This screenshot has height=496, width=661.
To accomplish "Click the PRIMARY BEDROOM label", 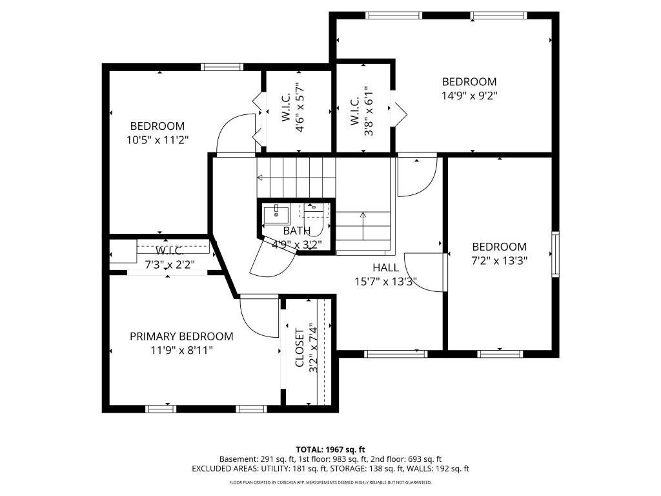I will (x=181, y=336).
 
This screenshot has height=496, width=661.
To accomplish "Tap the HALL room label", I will (x=385, y=267).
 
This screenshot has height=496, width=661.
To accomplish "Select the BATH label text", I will (x=296, y=231).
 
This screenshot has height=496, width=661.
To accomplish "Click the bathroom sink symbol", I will (x=276, y=213).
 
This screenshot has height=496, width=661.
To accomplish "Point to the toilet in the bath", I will (x=314, y=213).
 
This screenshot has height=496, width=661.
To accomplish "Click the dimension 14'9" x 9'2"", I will (x=469, y=95).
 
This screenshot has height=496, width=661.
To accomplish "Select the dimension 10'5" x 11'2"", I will (x=158, y=139).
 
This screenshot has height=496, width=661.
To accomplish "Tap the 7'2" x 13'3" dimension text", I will (x=499, y=261).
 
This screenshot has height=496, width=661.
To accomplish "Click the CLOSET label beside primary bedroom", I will (x=300, y=348).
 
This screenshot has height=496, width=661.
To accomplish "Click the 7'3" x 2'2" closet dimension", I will (x=170, y=263).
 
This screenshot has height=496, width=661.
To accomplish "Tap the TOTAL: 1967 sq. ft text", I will (x=330, y=449).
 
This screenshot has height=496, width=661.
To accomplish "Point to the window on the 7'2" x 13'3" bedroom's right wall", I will (x=554, y=254).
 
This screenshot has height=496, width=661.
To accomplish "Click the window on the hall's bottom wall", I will (x=396, y=353).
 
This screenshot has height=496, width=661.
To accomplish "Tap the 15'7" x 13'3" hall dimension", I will (x=385, y=282).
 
